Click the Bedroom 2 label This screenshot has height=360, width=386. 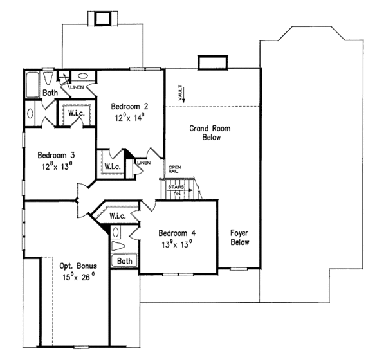click(129, 106)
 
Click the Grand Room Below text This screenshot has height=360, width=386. click(209, 132)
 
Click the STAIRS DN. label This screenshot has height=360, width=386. click(176, 188)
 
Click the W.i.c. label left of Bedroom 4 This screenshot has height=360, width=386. click(120, 215)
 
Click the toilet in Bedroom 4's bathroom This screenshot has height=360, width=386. click(119, 246)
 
